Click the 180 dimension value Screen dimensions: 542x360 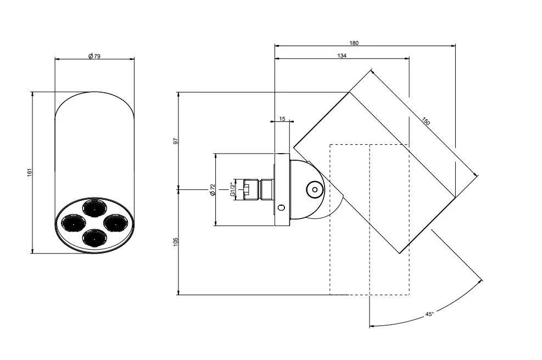click(354, 43)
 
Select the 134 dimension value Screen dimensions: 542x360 click(342, 55)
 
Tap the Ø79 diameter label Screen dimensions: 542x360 click(94, 56)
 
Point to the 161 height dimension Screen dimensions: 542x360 click(30, 173)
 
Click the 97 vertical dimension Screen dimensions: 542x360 click(176, 141)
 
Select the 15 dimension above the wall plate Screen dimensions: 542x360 click(282, 119)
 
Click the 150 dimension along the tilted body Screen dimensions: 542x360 click(426, 121)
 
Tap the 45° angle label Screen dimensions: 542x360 click(429, 314)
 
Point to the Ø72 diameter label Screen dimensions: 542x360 click(212, 190)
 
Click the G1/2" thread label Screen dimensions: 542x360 click(233, 189)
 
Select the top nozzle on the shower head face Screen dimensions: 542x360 click(94, 207)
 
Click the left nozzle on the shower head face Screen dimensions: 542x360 click(72, 223)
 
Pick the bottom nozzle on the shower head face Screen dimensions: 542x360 click(94, 238)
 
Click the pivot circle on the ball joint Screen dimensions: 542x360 click(315, 189)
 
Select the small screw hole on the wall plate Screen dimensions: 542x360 click(282, 207)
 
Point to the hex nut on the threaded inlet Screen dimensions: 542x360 click(252, 189)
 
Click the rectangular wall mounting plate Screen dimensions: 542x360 click(282, 189)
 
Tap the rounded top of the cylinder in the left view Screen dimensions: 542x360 click(94, 92)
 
